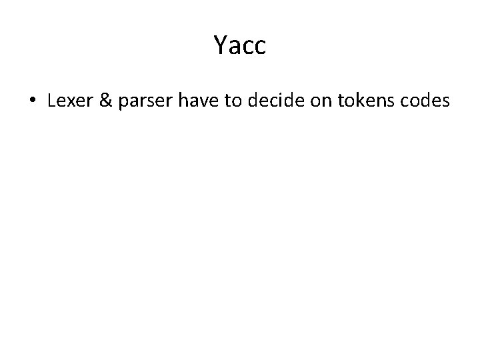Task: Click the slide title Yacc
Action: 240,45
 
